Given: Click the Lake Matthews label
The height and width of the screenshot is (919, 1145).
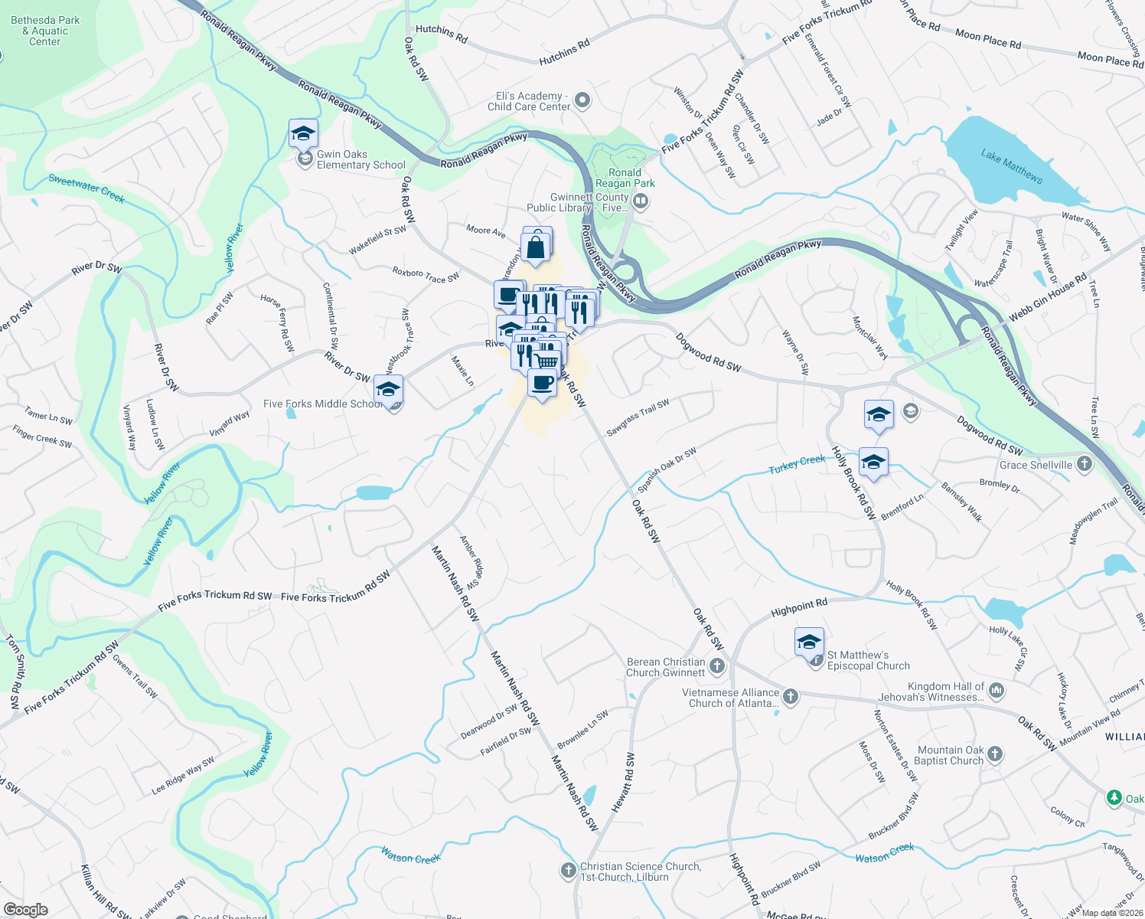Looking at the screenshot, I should click(1011, 165).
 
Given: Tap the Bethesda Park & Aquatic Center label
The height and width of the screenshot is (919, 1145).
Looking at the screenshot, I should click(45, 31).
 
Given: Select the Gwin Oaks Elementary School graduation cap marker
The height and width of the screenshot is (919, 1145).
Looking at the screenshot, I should click(303, 134).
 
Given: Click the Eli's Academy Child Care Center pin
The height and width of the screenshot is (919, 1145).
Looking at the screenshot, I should click(582, 100).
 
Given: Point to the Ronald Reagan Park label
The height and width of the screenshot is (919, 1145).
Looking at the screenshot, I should click(625, 178).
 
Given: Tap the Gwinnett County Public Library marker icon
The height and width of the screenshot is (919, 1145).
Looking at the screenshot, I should click(641, 201).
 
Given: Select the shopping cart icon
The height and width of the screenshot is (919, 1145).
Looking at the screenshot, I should click(546, 360).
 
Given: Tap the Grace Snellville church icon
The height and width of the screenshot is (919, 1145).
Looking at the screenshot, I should click(1084, 464).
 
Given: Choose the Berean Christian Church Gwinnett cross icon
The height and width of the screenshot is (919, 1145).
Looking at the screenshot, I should click(716, 666).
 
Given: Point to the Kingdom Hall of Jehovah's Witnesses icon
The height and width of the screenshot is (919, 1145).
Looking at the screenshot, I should click(996, 691).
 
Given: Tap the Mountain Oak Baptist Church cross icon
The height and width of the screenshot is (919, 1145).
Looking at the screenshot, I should click(994, 754).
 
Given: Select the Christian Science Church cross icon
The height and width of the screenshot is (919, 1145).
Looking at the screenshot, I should click(568, 871).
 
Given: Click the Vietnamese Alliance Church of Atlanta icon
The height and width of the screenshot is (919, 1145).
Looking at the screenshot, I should click(791, 697).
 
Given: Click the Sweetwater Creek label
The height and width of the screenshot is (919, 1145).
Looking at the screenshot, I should click(86, 188).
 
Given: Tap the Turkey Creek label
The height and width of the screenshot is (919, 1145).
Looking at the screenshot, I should click(797, 464).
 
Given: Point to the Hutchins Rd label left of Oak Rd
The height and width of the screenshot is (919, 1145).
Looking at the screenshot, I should click(441, 33).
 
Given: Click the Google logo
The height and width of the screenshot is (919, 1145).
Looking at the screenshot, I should click(26, 910).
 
